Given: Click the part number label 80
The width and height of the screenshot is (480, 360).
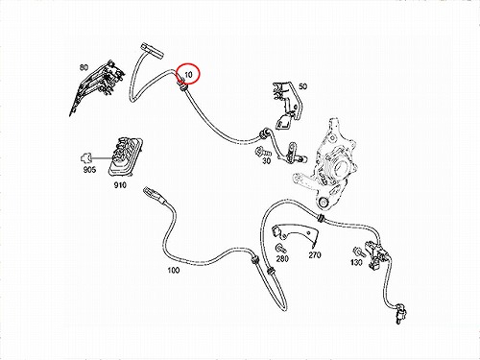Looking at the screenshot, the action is (x=84, y=67).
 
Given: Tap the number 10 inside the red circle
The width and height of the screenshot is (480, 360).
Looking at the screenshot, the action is (x=188, y=75).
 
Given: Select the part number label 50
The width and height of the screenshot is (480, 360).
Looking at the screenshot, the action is (x=302, y=86).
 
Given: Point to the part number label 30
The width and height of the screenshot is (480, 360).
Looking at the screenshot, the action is (x=266, y=161).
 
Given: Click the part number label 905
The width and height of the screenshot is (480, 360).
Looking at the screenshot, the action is (x=89, y=170).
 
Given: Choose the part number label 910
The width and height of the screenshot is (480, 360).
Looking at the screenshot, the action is (x=120, y=185).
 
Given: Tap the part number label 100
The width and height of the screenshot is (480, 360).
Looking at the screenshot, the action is (x=174, y=270).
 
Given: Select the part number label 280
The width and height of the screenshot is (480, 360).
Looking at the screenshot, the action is (x=282, y=258).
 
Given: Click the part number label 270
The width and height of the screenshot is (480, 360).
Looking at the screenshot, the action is (x=315, y=254).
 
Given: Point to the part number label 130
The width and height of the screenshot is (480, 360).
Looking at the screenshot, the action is (x=356, y=262).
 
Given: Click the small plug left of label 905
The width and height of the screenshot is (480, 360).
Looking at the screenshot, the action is (x=85, y=157).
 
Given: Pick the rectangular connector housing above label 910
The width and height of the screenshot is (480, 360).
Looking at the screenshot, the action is (x=125, y=156).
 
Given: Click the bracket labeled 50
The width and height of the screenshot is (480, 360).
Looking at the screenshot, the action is (x=287, y=106).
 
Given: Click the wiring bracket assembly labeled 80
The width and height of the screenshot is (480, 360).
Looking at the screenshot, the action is (x=97, y=87).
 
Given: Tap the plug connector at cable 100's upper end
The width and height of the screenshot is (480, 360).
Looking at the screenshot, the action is (x=153, y=195).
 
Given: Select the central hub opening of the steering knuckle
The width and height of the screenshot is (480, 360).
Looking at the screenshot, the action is (x=341, y=168).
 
